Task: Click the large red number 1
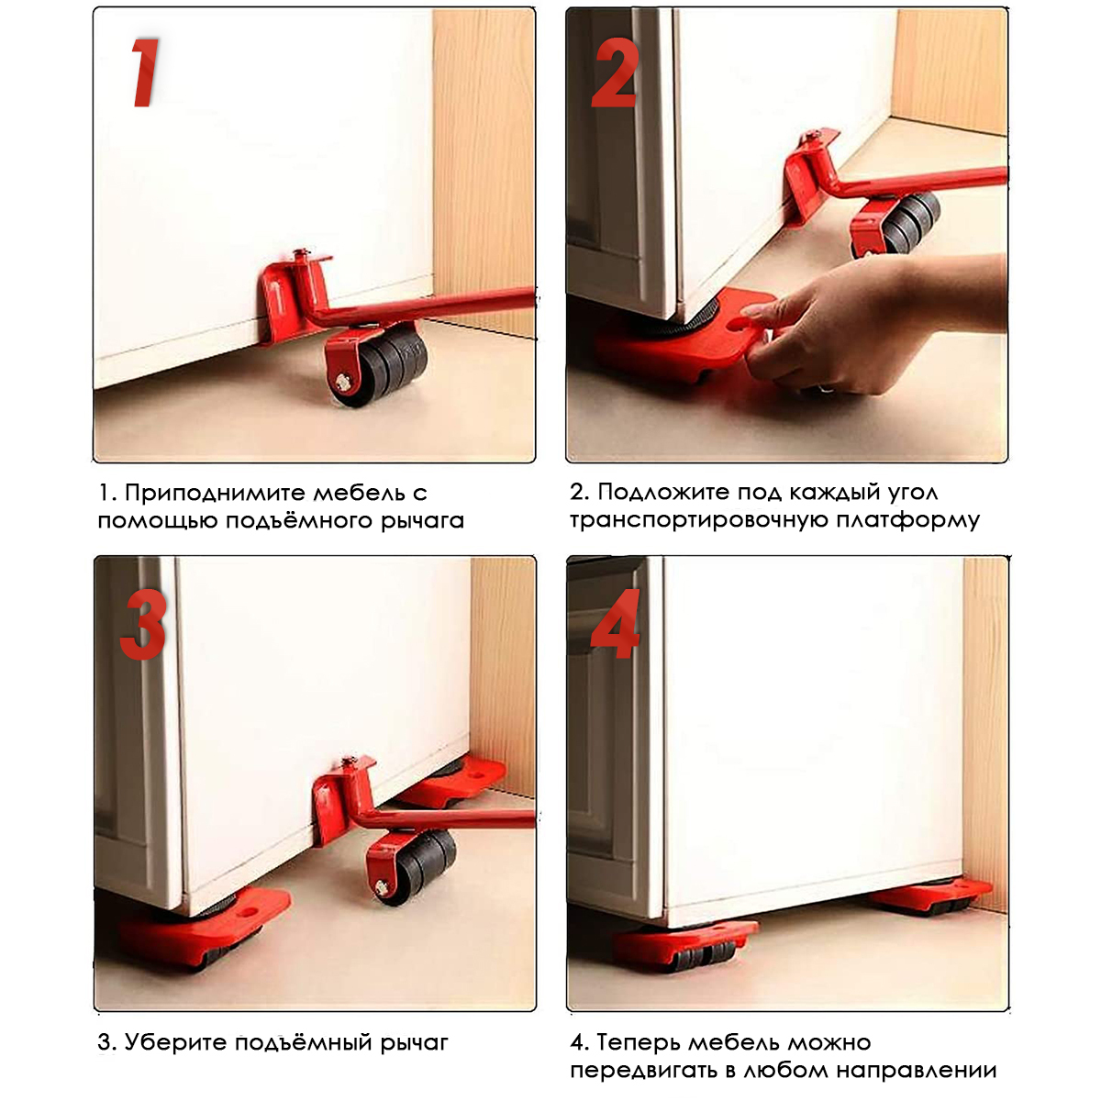point(146,72)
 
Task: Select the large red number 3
point(144,624)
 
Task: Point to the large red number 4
point(616,624)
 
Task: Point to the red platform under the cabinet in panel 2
point(685,337)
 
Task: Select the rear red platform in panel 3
point(451,782)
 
